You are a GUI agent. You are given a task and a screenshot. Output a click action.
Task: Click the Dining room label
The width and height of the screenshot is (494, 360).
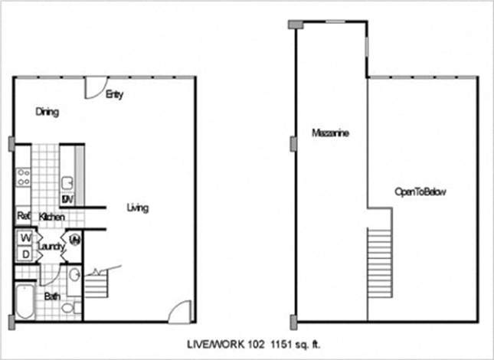click(47, 112)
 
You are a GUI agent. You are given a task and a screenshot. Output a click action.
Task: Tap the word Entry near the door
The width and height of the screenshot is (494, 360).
click(115, 95)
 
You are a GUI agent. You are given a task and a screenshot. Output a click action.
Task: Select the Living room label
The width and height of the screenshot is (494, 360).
click(138, 208)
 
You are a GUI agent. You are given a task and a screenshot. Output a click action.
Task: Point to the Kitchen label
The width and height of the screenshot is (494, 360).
click(51, 218)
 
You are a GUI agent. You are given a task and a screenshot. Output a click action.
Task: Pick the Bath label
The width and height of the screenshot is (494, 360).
click(52, 296)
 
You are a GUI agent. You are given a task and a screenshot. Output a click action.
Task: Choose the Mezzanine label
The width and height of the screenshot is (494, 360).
click(330, 133)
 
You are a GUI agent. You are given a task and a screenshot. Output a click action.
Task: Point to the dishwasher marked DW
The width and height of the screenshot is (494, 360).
click(67, 200)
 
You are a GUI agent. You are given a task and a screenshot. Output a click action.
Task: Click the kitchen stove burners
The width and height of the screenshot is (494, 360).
click(23, 178)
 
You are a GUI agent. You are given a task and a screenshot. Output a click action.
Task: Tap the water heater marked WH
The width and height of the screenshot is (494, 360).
click(75, 242)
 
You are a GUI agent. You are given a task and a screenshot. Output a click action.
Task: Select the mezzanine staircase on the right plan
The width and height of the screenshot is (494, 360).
click(380, 257)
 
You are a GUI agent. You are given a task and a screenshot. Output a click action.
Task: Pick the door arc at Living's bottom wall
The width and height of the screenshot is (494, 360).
click(179, 311)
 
